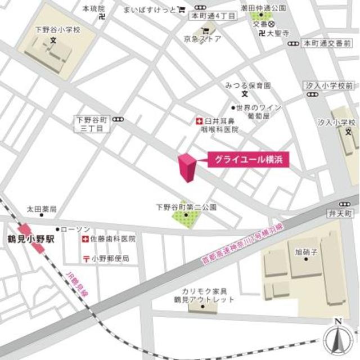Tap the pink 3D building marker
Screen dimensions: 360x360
[x=187, y=168]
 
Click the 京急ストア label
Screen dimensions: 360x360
[x=203, y=39]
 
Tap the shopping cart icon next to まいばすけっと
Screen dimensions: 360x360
[x=182, y=9]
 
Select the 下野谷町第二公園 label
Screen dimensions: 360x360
[x=186, y=207]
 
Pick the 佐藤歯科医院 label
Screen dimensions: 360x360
[x=112, y=239]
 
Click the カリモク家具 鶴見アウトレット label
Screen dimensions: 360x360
[x=204, y=295]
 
